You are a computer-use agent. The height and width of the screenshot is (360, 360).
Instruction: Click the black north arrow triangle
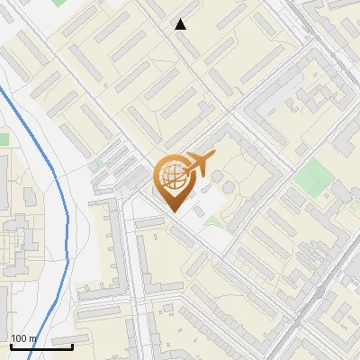180,24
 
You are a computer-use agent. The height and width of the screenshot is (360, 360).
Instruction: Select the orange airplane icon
198,164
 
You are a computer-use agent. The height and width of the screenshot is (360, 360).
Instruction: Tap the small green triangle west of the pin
96,165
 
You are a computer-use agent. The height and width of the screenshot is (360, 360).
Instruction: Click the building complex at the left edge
13,243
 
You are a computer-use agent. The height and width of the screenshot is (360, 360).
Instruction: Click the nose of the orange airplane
214,156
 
